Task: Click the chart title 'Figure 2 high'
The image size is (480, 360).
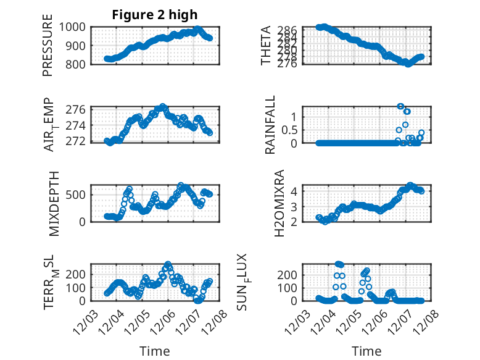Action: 155,15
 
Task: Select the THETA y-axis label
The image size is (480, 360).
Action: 266,46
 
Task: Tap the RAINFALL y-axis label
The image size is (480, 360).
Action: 270,125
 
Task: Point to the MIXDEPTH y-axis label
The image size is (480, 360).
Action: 54,204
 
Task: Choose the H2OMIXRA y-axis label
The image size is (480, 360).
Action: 279,203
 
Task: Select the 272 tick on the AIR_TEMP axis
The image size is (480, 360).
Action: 78,142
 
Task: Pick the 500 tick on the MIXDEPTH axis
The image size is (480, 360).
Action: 78,195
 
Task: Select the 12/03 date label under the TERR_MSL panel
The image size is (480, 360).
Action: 85,322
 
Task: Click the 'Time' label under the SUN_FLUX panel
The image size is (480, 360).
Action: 366,351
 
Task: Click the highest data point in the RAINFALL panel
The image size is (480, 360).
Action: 400,106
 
